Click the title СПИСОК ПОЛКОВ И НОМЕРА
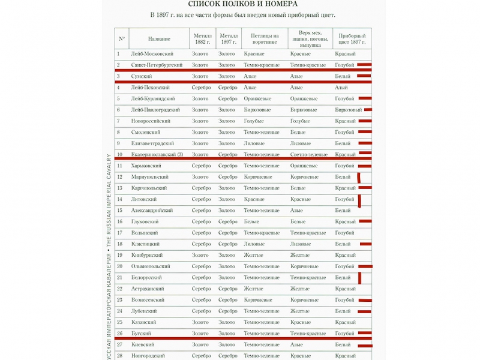tap(243, 4)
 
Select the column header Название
tap(159, 39)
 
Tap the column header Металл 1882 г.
tap(202, 39)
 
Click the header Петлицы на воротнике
tap(264, 39)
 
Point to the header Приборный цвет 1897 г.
tap(352, 39)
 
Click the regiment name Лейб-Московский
tap(152, 54)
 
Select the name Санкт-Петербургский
tap(157, 65)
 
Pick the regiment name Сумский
tap(142, 76)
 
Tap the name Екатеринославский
tap(157, 154)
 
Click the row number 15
tap(120, 211)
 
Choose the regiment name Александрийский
tap(152, 211)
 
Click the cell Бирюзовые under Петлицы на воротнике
tap(257, 110)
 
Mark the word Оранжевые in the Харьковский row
tap(304, 166)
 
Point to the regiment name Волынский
tap(145, 233)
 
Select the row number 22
tap(120, 289)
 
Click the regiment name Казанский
tap(144, 322)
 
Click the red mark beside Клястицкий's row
tap(365, 244)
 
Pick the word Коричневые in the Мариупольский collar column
tap(258, 177)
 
